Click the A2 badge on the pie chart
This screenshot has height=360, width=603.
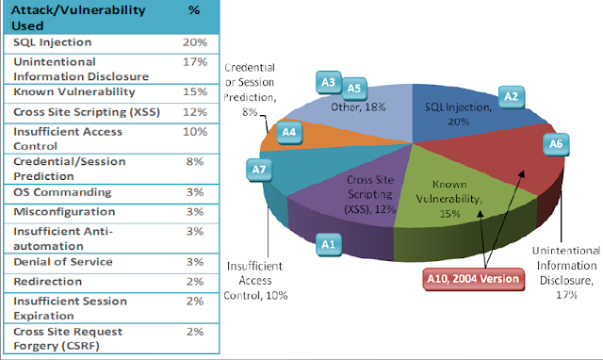click(511, 97)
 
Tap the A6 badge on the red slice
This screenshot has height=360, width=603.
click(556, 144)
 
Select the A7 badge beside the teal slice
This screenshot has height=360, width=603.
click(259, 170)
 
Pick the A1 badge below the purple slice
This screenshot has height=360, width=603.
click(328, 244)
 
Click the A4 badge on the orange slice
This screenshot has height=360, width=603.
click(289, 132)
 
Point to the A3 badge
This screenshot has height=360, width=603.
click(329, 82)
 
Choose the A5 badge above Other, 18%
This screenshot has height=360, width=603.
click(354, 89)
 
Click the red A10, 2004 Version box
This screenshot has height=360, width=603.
click(473, 279)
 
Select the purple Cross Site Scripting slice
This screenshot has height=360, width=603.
click(358, 192)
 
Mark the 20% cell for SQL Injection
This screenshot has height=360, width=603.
click(195, 42)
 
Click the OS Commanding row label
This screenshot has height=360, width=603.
click(62, 192)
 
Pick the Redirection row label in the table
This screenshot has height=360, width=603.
click(48, 282)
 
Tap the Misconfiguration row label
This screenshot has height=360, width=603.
click(64, 212)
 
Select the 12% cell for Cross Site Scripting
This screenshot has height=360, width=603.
click(195, 112)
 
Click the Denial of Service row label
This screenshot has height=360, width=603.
click(63, 262)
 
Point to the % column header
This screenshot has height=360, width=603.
click(194, 10)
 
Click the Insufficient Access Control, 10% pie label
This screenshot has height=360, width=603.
click(255, 281)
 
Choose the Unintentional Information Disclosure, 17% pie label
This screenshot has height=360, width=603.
click(566, 272)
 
